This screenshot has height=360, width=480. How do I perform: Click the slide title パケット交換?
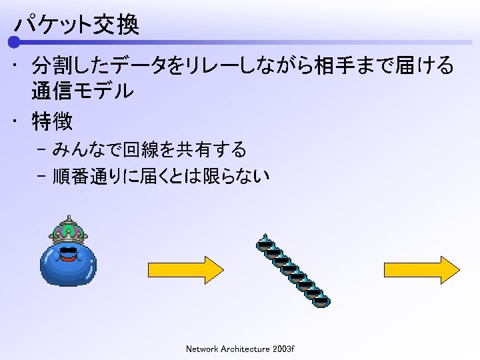(x=77, y=25)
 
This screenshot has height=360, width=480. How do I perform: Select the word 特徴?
(x=52, y=121)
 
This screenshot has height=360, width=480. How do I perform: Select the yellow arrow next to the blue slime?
(x=185, y=269)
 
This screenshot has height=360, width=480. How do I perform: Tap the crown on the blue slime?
(x=68, y=230)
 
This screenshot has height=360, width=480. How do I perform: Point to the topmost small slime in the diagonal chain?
(x=265, y=244)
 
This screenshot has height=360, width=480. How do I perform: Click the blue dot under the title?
(x=14, y=43)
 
